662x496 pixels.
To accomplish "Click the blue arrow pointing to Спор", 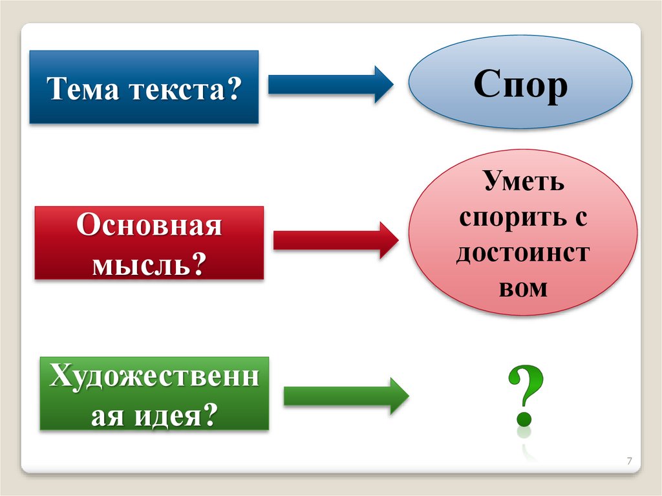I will [x=330, y=84].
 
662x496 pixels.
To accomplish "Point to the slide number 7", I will [x=629, y=461].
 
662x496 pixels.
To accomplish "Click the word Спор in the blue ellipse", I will [x=521, y=85].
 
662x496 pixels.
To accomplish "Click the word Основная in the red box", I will [x=149, y=226].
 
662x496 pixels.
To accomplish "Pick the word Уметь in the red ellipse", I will [x=523, y=182].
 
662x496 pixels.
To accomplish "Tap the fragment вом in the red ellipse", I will [x=523, y=288].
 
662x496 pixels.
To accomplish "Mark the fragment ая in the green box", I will [x=106, y=413].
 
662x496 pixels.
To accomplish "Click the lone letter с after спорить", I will [x=580, y=218].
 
